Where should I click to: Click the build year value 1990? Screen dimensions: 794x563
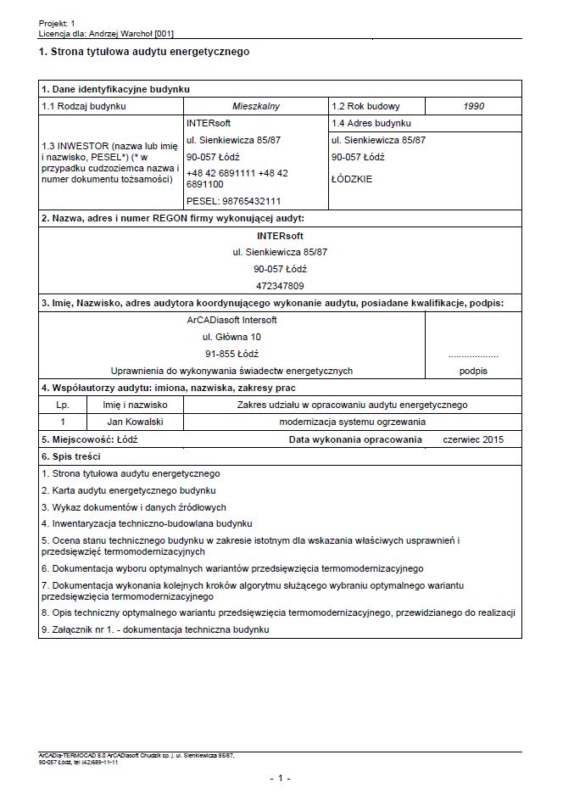click(473, 107)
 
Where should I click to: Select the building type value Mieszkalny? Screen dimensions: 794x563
click(255, 107)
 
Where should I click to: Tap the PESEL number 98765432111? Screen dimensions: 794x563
click(233, 201)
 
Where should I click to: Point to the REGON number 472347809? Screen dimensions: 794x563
click(280, 286)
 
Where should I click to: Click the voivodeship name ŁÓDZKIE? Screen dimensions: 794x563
click(352, 180)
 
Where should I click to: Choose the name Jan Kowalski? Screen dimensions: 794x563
click(136, 422)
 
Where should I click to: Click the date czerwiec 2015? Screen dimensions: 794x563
click(473, 440)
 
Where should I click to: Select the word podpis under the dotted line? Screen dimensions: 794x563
click(473, 371)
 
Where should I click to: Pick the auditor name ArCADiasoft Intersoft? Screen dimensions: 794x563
click(231, 320)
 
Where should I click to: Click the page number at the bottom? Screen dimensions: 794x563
click(280, 778)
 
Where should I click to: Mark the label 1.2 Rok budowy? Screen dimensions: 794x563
click(366, 107)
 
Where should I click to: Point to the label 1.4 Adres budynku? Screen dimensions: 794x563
click(370, 123)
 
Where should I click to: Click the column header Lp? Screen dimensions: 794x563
click(64, 405)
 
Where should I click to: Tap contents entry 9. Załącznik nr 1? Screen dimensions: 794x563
click(154, 630)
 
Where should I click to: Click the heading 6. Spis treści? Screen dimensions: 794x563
click(72, 456)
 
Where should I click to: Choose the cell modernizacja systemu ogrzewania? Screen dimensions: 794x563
click(352, 422)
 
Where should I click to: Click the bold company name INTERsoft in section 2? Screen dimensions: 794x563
click(280, 236)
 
